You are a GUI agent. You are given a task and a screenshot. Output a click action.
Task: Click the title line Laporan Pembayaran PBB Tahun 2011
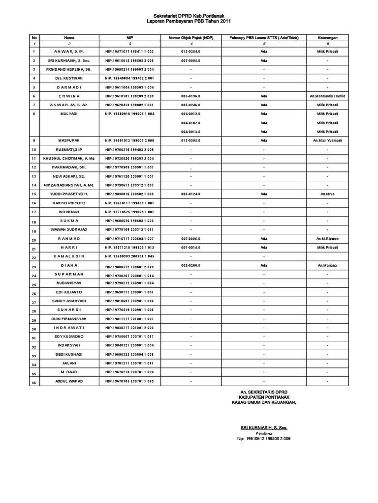189,22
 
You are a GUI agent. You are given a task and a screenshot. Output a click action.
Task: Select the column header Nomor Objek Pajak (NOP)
190,37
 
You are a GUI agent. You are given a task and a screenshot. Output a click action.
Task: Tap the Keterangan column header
327,37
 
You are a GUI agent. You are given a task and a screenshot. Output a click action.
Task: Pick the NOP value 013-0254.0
190,51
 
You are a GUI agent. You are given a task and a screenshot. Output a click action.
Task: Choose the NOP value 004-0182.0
190,123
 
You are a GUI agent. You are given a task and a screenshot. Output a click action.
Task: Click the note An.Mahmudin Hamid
327,96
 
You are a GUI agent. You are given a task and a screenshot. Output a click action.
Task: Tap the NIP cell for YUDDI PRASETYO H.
129,194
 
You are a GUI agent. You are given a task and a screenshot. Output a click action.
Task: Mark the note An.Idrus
327,194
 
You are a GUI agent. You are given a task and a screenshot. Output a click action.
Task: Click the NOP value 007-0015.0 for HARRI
190,248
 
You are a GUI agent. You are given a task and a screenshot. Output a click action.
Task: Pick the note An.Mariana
327,265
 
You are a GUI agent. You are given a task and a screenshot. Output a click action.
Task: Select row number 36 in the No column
34,382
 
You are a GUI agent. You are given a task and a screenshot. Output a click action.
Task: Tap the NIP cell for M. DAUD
129,372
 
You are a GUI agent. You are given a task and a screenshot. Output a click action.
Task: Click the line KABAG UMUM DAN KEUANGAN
264,403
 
